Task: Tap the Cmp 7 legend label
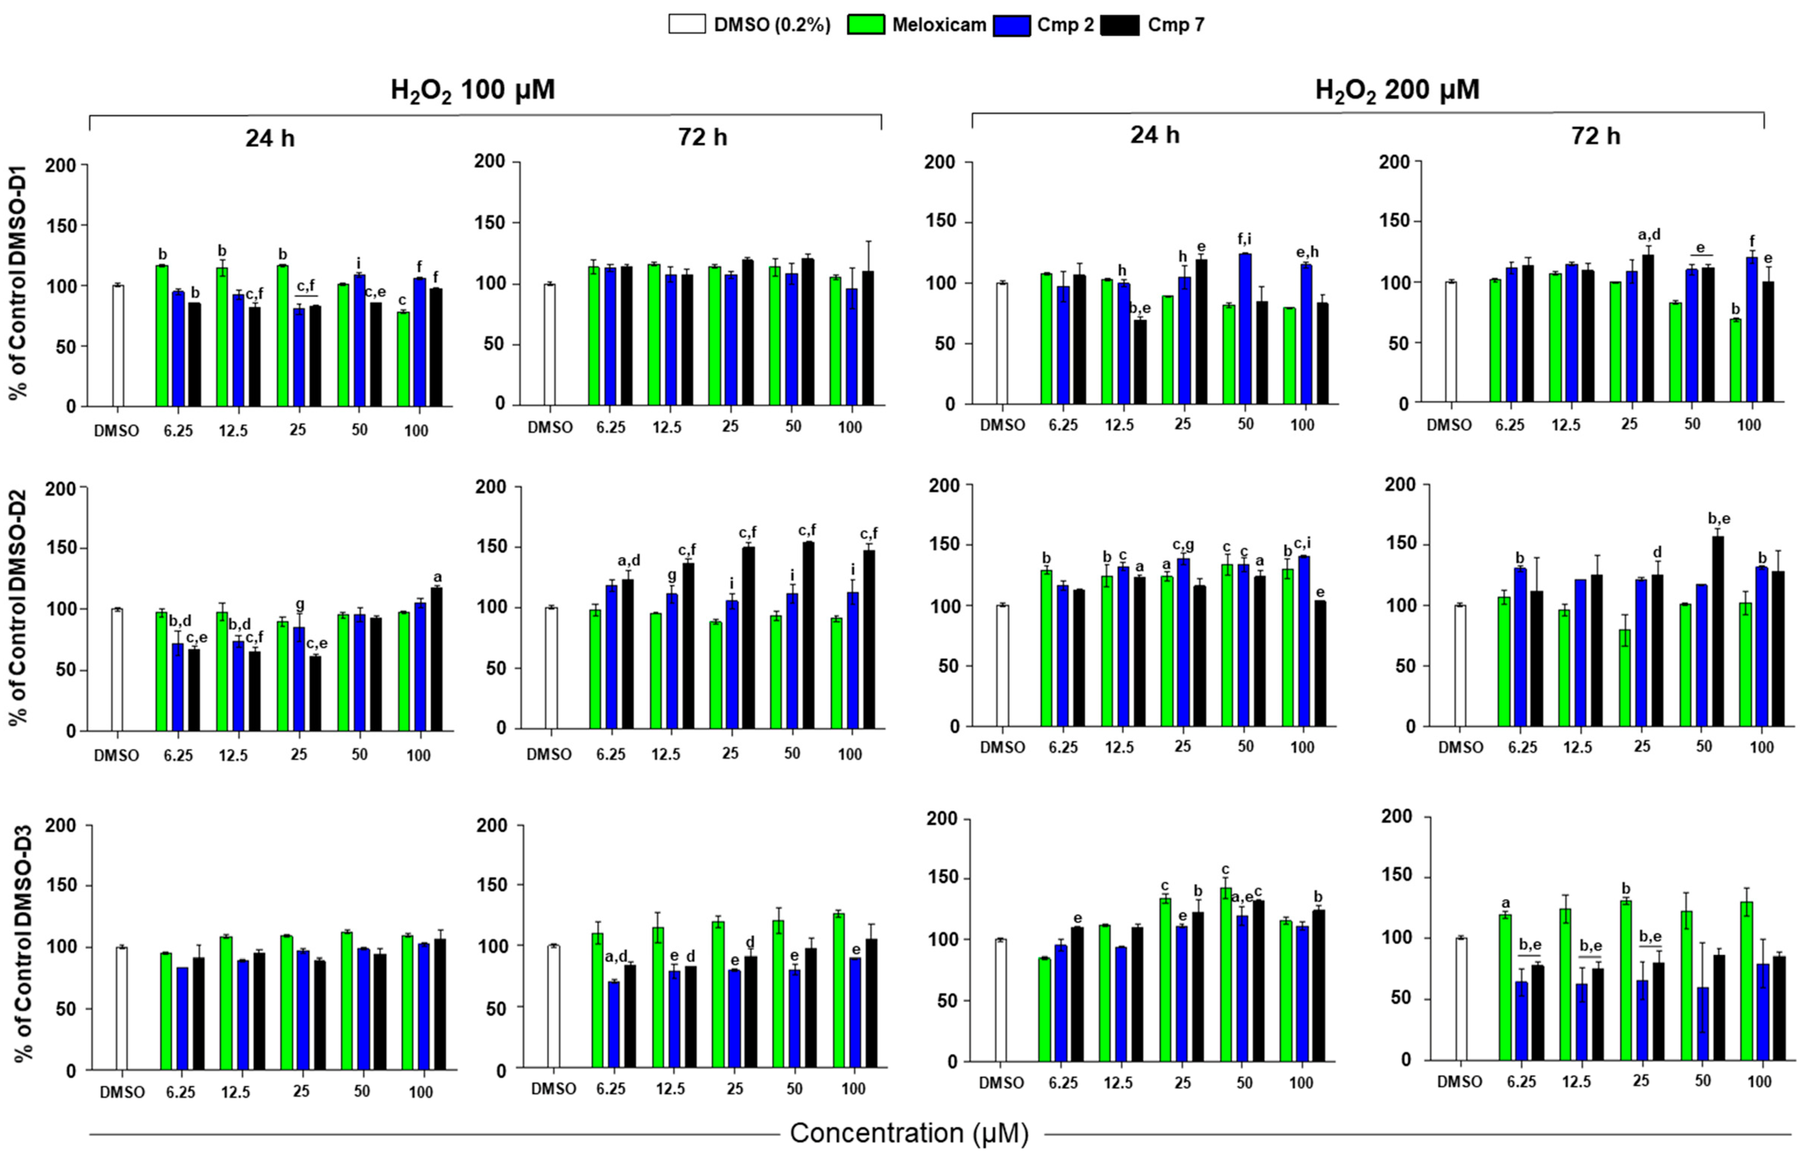coord(1176,25)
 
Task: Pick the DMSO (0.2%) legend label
coord(772,25)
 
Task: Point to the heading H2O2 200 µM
coord(1397,90)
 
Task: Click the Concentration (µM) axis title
coord(909,1133)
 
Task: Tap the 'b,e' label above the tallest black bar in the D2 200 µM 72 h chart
coord(1719,518)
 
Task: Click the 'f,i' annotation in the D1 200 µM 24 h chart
coord(1245,239)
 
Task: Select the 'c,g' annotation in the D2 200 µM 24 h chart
coord(1183,544)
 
